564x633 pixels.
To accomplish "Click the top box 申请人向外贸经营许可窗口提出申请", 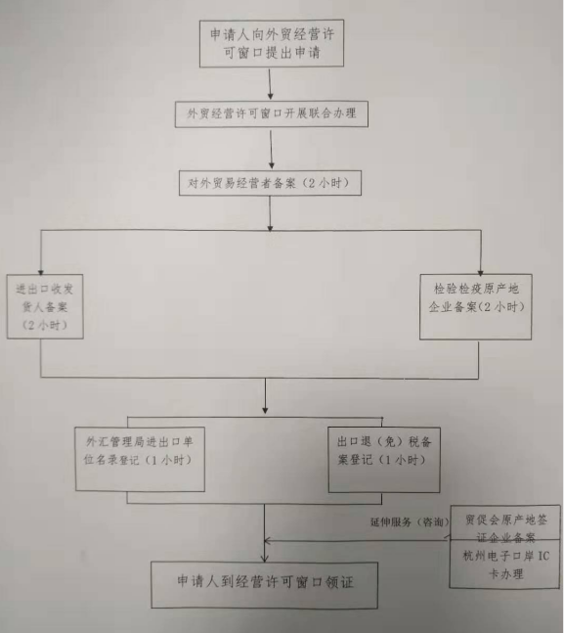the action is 272,43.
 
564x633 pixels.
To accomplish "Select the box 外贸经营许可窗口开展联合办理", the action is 271,114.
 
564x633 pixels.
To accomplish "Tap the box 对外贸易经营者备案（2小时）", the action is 270,183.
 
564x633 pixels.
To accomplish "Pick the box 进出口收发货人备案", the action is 45,306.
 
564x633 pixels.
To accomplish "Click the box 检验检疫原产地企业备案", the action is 476,307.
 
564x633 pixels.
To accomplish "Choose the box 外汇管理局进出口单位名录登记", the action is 140,459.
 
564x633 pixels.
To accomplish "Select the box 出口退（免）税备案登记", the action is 384,460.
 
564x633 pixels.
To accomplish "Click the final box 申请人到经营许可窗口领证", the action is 264,585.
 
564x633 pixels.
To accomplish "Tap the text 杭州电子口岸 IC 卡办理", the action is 506,565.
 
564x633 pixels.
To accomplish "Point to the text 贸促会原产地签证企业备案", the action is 506,528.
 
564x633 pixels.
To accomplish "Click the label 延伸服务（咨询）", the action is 410,522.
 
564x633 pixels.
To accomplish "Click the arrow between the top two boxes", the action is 271,84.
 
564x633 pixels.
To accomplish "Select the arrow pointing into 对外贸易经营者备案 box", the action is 271,149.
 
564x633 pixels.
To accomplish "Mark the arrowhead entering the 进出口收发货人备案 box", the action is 40,272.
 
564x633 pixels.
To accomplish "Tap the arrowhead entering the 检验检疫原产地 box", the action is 481,273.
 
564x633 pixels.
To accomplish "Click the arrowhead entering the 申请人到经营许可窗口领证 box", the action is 265,559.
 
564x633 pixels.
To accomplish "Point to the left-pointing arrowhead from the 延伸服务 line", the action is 267,541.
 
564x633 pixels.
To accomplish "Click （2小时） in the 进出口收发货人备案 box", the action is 45,326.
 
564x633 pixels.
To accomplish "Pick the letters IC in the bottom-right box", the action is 543,557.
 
